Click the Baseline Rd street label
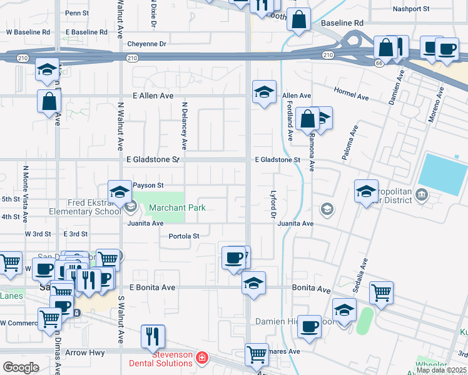(342, 23)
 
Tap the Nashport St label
(410, 9)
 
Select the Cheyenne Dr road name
(146, 44)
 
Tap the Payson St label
(148, 185)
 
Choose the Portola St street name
(184, 236)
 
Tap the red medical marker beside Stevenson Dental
(202, 358)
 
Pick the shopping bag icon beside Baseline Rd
(299, 19)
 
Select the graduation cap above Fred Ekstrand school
(120, 192)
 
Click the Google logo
(21, 367)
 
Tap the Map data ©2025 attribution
(441, 370)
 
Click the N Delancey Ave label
(184, 126)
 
